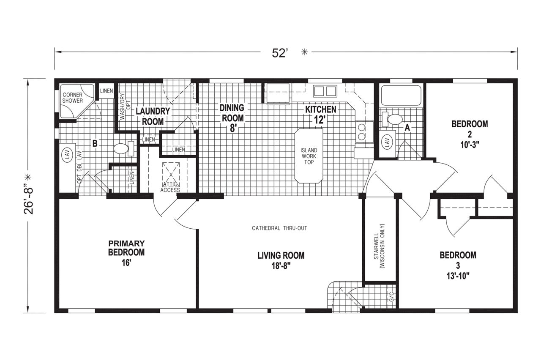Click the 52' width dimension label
coord(280,53)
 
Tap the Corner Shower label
coord(72,98)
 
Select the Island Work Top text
coord(309,156)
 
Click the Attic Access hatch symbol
coord(171,174)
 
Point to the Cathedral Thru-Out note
coord(279,228)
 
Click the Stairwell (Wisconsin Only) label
coord(379,246)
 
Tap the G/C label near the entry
coord(391,296)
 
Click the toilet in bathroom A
coord(392,119)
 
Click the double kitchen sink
coord(325,91)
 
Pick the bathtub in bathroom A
coord(401,96)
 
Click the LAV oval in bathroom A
coord(388,143)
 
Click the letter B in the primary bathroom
coord(95,144)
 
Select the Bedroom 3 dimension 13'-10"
coord(458,276)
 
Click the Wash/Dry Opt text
coord(126,107)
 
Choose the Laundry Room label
coord(153,116)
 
